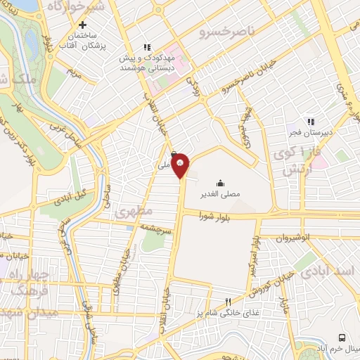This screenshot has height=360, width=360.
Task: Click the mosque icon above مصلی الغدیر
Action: tap(221, 183)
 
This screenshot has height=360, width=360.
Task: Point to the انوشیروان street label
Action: tap(292, 238)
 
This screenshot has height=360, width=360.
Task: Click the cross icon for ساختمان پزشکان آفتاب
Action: tap(82, 25)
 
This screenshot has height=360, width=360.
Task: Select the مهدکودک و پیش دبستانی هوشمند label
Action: tap(146, 62)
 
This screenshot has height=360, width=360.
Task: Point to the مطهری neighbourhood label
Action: tap(129, 211)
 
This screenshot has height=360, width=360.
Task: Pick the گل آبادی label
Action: tap(71, 193)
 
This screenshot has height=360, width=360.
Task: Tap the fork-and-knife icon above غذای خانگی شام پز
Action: tap(227, 302)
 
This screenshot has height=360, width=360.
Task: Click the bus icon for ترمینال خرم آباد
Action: tap(342, 337)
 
